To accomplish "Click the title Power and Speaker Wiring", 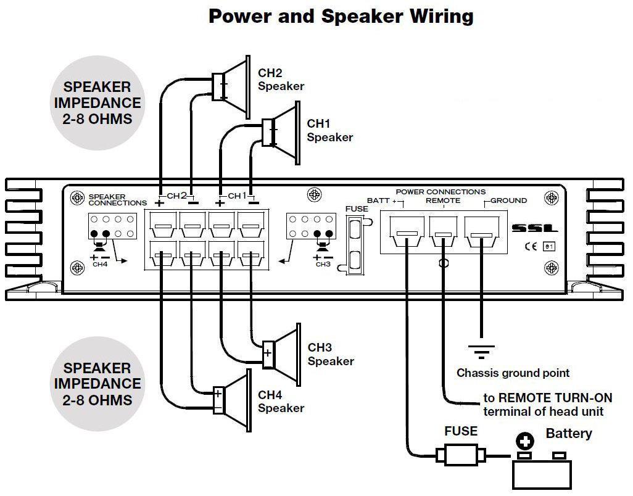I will (341, 16).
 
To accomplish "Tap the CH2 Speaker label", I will (281, 80).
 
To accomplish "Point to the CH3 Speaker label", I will (331, 354).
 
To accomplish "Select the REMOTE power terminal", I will (443, 232).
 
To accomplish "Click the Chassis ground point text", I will (513, 373).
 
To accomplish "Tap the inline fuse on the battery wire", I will (460, 456).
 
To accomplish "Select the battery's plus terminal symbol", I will (525, 441).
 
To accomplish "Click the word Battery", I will (568, 433).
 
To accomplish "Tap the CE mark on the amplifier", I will (530, 247).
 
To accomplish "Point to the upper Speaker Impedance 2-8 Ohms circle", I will (97, 103).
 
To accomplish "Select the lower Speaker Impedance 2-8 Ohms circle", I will (97, 384).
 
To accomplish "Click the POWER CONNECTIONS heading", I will (441, 191).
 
